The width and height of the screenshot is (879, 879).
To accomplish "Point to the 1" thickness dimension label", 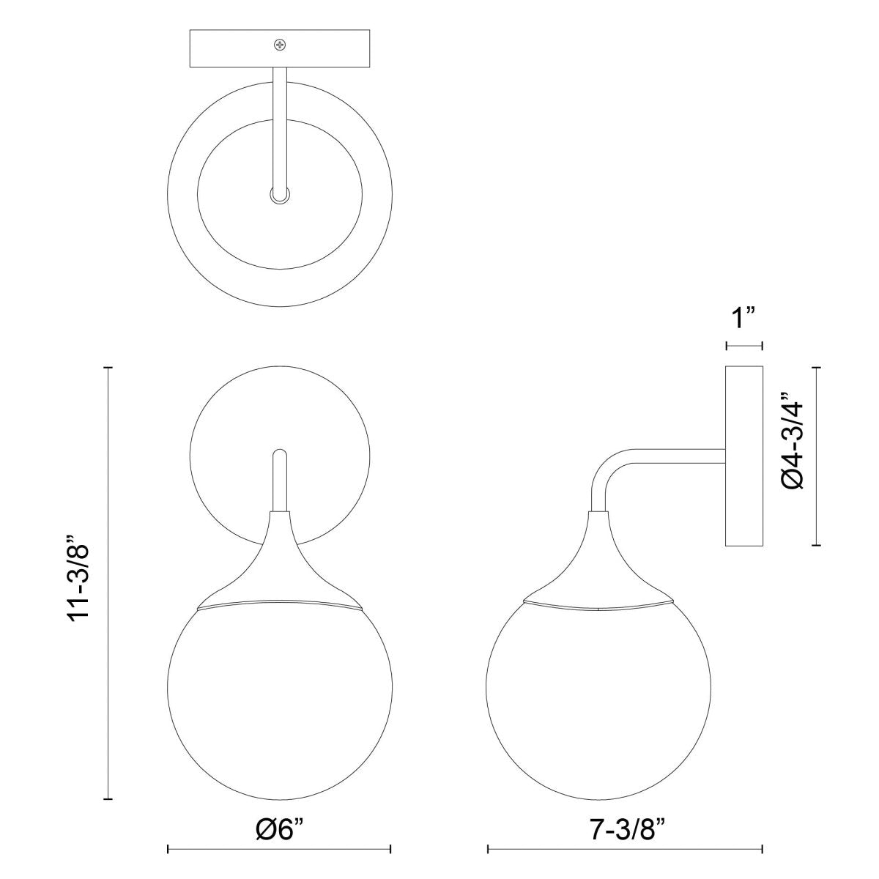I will [744, 319].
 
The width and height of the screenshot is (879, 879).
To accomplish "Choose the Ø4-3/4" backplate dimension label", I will [793, 455].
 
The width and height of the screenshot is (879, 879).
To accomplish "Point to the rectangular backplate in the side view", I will [744, 456].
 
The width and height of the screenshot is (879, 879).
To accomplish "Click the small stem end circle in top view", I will [279, 195].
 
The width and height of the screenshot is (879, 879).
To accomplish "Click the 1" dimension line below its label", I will [744, 344].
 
